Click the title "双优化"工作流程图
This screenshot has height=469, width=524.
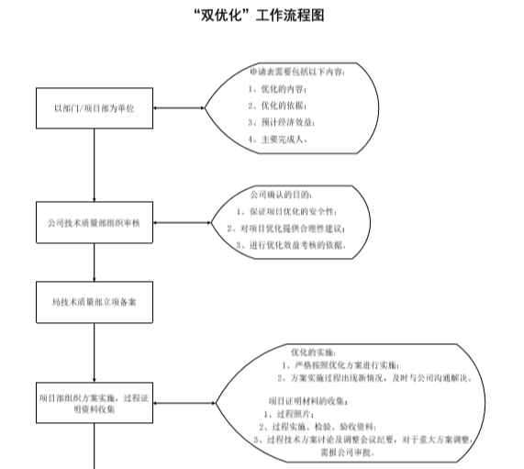pos(262,16)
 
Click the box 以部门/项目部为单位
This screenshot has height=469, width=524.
pos(95,108)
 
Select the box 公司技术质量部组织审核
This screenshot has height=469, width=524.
pos(95,223)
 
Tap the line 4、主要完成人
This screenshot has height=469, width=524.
pos(278,139)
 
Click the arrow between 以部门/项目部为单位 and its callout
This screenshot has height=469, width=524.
pos(178,108)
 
